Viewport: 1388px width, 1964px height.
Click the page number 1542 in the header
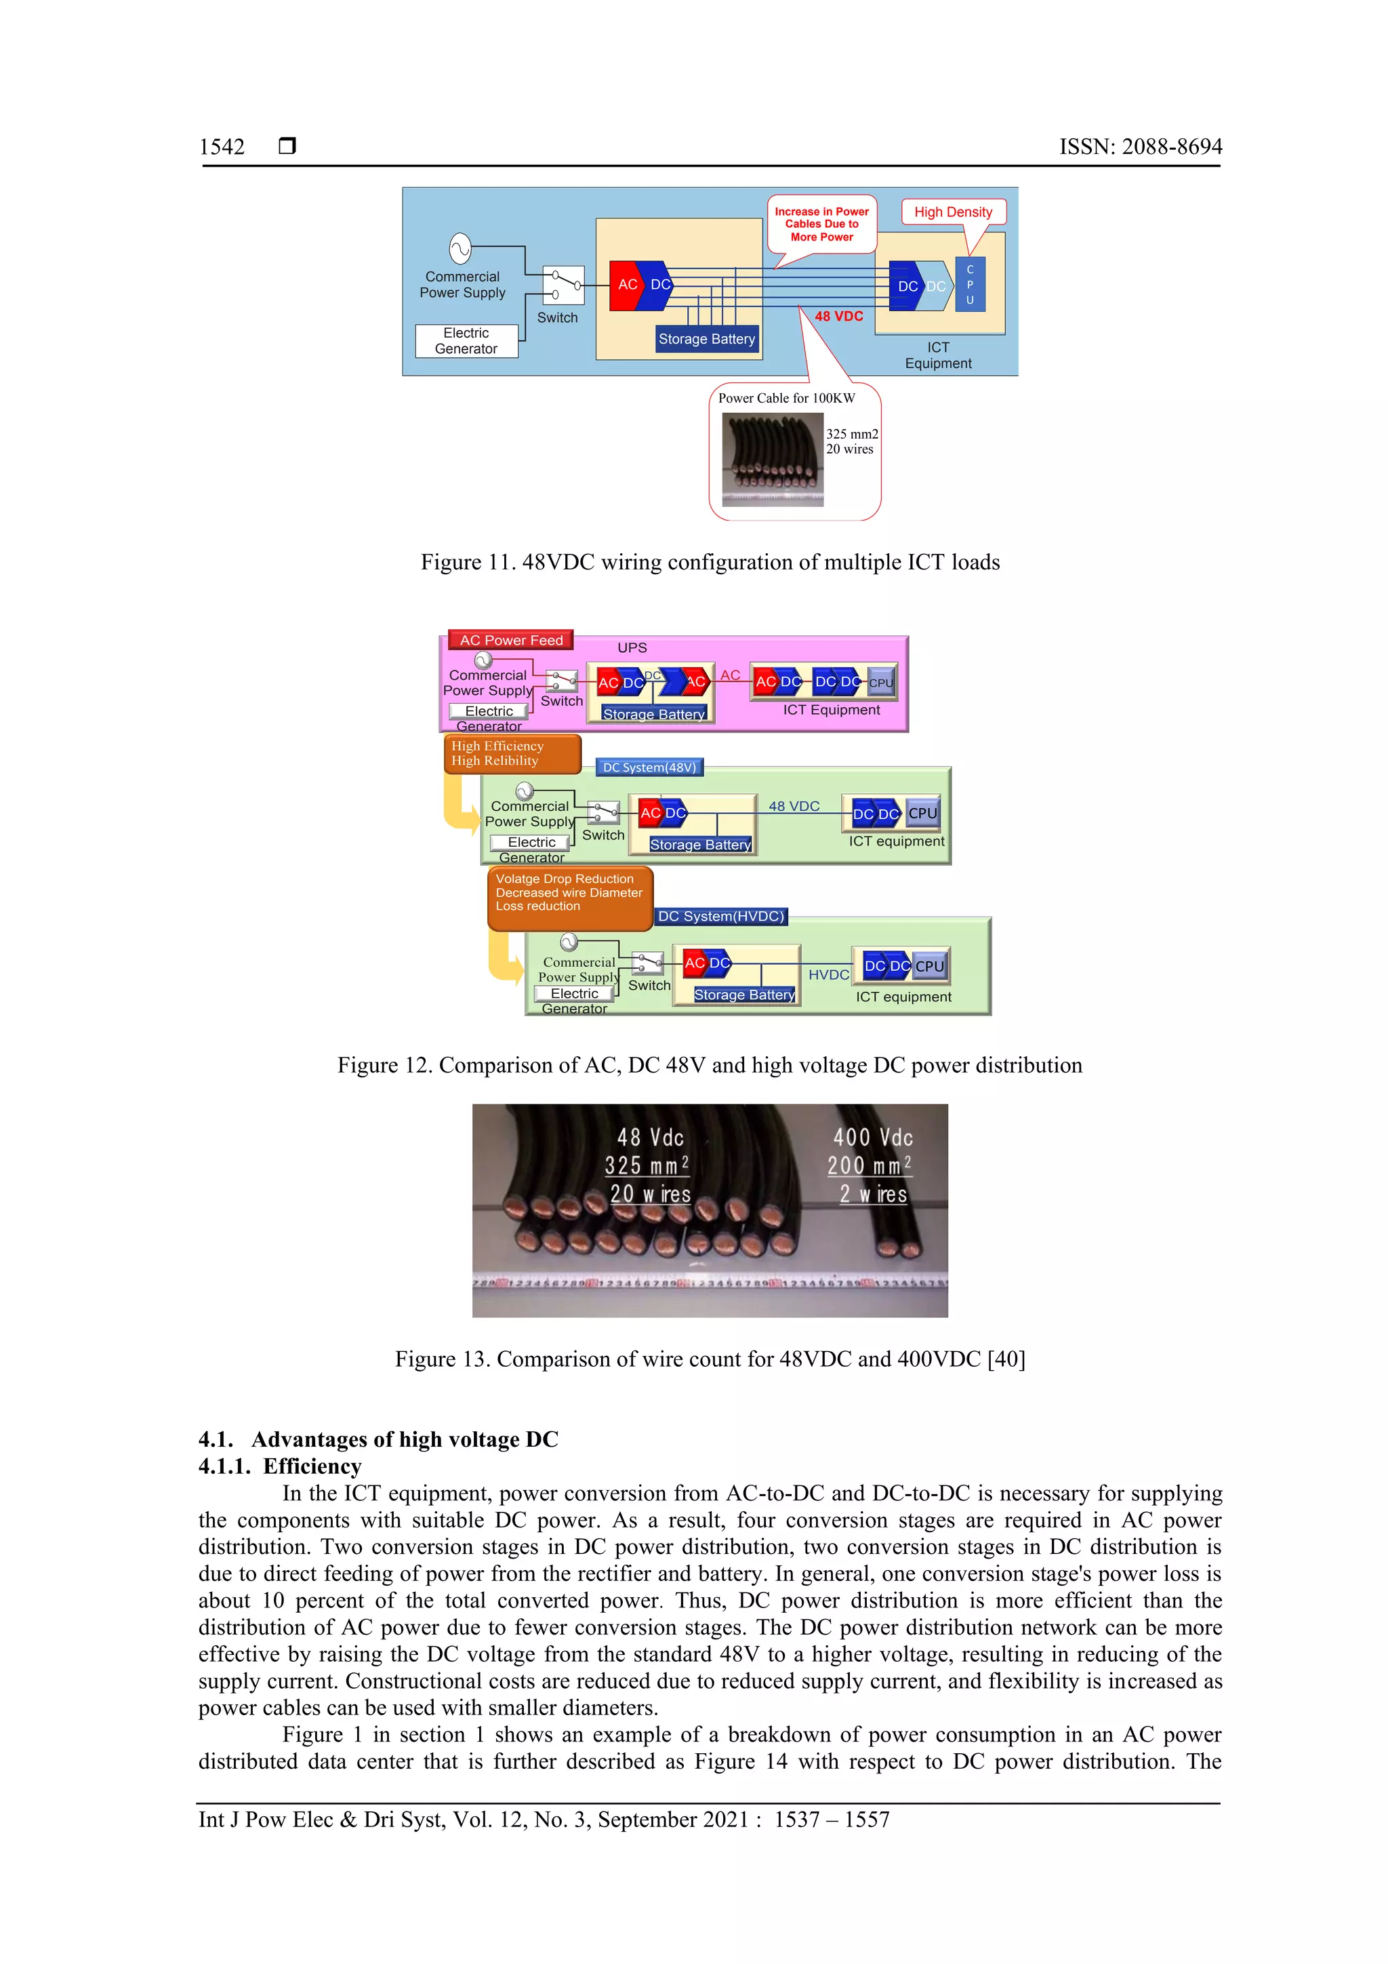(222, 147)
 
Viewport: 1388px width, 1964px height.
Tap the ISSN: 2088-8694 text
(1140, 147)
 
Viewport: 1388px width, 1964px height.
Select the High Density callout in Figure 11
(953, 212)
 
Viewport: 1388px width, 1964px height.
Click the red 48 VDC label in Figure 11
(838, 317)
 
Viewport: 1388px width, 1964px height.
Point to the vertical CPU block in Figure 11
(970, 285)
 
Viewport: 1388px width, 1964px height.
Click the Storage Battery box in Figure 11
(706, 339)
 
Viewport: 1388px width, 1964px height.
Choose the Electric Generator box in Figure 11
(466, 340)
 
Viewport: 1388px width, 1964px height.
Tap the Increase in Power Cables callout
(821, 224)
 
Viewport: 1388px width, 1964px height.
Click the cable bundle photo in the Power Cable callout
(772, 460)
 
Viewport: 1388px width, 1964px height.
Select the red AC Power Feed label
(510, 640)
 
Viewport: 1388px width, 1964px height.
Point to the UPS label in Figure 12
(632, 647)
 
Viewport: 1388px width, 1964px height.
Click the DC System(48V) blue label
(649, 767)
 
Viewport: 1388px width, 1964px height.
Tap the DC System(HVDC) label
(720, 916)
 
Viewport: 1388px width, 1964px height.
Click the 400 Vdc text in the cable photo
(873, 1137)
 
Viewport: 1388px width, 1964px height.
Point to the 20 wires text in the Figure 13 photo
(650, 1194)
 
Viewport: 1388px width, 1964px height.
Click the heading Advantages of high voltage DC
(404, 1440)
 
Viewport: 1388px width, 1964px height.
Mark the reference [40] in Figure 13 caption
(1006, 1359)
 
